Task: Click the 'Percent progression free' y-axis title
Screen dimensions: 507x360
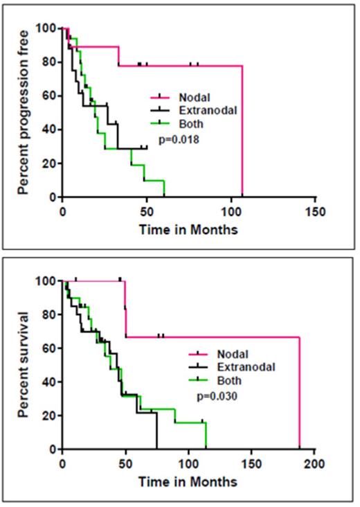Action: click(x=22, y=113)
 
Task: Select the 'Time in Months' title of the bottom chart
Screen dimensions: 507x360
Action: click(x=188, y=481)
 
